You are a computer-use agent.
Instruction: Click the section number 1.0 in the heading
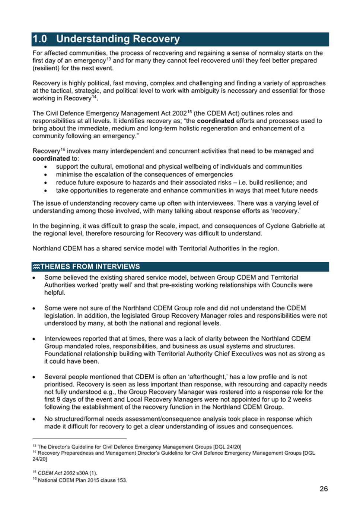click(x=40, y=39)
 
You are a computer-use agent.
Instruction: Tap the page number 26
click(x=324, y=489)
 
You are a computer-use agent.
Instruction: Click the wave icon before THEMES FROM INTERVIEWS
click(x=36, y=267)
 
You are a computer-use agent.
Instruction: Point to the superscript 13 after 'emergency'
click(x=109, y=59)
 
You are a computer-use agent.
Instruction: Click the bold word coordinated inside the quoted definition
click(x=216, y=121)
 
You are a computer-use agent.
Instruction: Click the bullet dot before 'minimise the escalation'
click(x=46, y=175)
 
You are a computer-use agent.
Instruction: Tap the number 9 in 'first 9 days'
click(x=59, y=399)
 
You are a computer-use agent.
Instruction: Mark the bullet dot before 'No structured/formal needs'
click(x=34, y=419)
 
